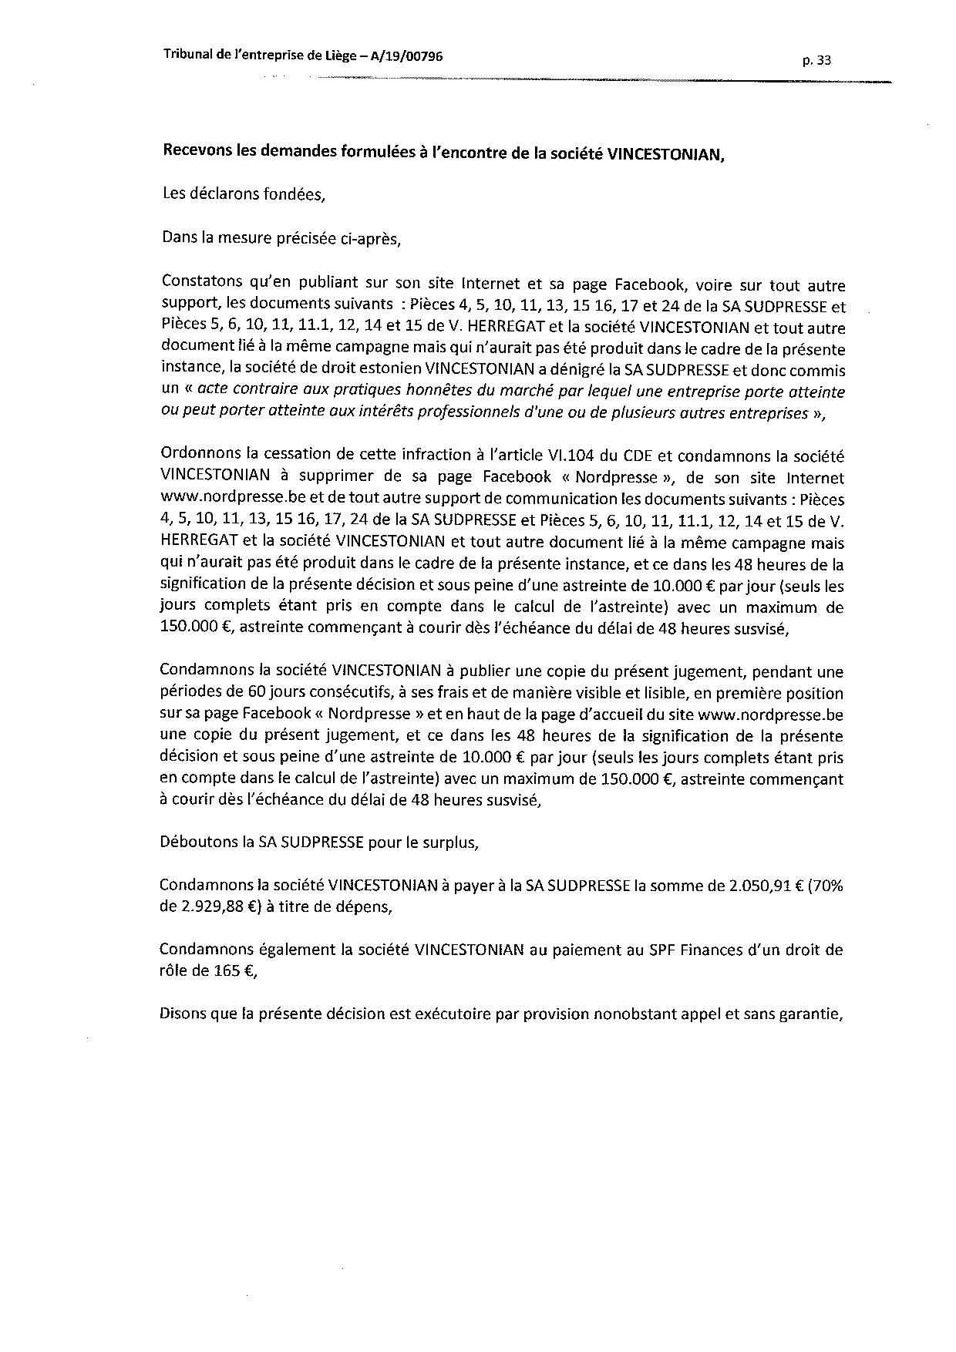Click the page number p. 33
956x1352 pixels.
[x=816, y=62]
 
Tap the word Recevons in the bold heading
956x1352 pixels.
[x=196, y=152]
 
